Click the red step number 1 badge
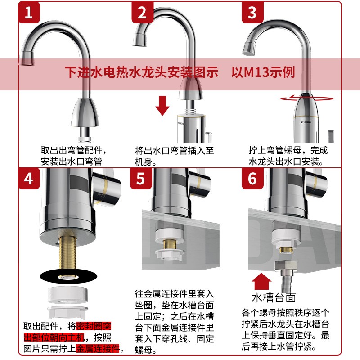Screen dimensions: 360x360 (29, 13)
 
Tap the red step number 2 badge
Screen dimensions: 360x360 (142, 13)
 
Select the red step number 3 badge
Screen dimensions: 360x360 (252, 13)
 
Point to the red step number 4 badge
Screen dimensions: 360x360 (29, 179)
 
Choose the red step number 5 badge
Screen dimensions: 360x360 (141, 179)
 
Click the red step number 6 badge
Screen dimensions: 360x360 (252, 179)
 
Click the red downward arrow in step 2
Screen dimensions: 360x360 (162, 106)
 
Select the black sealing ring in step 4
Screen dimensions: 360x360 (68, 276)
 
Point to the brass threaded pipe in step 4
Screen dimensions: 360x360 (68, 252)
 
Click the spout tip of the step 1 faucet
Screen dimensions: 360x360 (27, 58)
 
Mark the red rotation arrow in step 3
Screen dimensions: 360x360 (307, 98)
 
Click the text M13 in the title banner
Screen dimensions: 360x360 (256, 72)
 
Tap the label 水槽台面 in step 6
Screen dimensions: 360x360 (274, 297)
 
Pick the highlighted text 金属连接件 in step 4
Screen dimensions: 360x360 (98, 348)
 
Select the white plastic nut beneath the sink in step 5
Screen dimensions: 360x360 (169, 254)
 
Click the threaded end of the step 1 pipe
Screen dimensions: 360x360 (85, 139)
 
